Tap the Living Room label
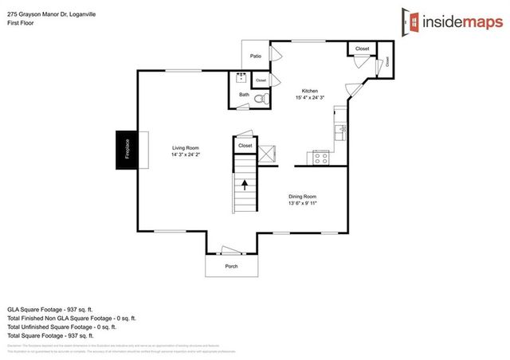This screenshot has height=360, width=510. [x=185, y=148]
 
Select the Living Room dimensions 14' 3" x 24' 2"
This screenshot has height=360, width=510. [x=185, y=155]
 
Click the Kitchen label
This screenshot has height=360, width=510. [x=309, y=90]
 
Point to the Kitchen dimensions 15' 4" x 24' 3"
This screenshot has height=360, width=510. [x=309, y=97]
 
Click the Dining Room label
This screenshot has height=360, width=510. [x=303, y=196]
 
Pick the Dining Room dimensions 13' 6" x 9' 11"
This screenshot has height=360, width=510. [x=303, y=203]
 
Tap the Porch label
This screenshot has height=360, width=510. [x=231, y=266]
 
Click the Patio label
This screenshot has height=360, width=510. [x=256, y=56]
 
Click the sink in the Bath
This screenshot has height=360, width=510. [x=241, y=78]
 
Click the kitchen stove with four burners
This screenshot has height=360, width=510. [x=321, y=158]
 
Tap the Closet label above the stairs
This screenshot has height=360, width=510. [x=245, y=146]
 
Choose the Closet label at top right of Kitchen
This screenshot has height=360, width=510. [x=362, y=49]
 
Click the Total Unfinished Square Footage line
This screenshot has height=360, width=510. [x=61, y=327]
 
